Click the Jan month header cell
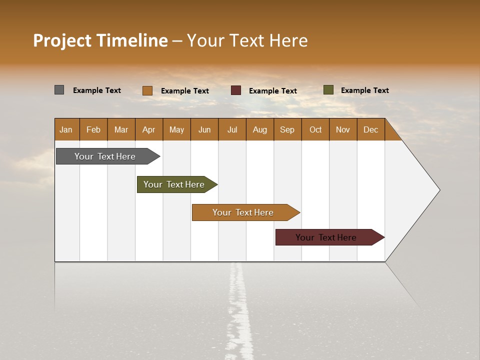(66, 129)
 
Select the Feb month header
(93, 129)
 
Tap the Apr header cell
(149, 129)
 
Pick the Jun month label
(204, 129)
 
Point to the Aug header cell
(260, 129)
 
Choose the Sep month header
(287, 129)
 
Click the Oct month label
(315, 129)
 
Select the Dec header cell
(371, 129)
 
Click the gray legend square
(59, 90)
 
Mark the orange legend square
(147, 90)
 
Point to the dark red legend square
(236, 90)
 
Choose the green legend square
(328, 90)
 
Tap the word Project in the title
(62, 40)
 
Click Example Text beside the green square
(364, 90)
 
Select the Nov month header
(343, 129)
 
